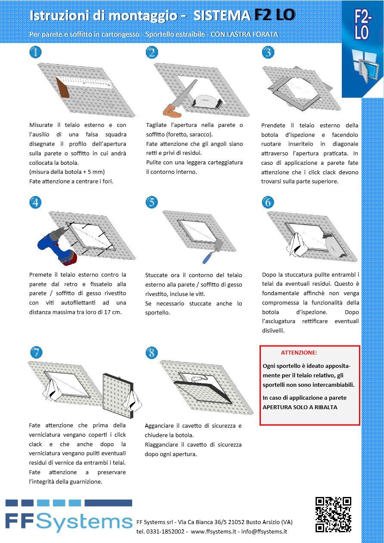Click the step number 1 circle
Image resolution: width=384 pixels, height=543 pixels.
[35, 52]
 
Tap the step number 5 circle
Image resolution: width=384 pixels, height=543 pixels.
[152, 202]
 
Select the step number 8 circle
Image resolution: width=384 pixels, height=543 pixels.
[152, 353]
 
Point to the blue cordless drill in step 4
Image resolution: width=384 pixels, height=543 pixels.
[56, 245]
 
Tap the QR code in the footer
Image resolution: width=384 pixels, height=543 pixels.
[333, 515]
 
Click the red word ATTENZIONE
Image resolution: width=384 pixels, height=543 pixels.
[299, 352]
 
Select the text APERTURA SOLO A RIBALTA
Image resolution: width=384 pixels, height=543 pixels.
[300, 407]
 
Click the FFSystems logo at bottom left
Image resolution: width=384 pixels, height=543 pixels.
[69, 516]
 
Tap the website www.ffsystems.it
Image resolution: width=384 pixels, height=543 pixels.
[213, 531]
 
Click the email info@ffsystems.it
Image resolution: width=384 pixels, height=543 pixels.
[264, 531]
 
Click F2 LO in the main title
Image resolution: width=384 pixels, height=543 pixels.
[275, 15]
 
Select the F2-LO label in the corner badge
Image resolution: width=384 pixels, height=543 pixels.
[362, 26]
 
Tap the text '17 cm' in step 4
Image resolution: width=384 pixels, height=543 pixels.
[111, 312]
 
